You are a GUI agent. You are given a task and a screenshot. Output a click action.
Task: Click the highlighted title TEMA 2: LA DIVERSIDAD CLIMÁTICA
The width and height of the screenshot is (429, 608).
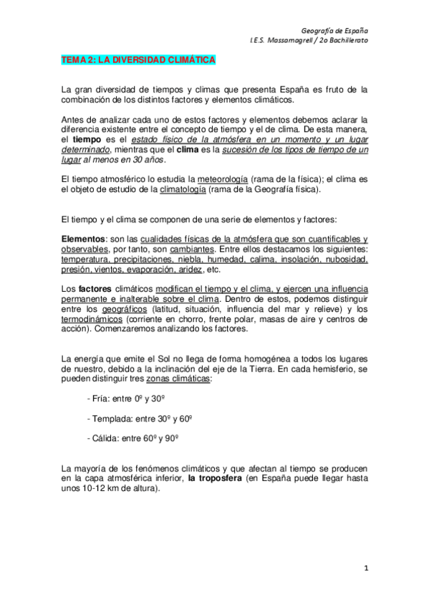point(138,62)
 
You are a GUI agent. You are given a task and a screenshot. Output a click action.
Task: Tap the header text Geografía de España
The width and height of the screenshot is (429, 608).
point(335,31)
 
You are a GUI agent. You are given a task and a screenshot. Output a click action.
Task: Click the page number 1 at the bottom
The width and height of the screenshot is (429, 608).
point(365,568)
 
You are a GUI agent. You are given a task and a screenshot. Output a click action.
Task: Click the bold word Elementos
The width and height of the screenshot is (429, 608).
point(83,239)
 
